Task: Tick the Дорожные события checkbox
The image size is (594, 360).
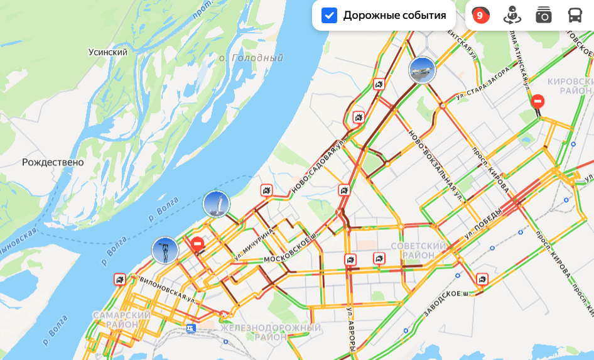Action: tap(330, 16)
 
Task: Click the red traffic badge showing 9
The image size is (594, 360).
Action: tap(480, 16)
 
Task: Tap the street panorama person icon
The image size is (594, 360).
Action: tap(512, 16)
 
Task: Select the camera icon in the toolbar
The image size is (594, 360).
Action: tap(543, 16)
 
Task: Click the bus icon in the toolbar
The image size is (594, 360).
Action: tap(575, 16)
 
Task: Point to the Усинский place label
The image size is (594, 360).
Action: tap(107, 52)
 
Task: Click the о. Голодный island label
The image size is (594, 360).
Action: tap(251, 58)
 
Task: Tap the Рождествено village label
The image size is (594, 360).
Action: tap(53, 162)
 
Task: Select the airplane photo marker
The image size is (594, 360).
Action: tap(421, 70)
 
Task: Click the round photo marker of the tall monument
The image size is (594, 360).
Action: tap(216, 204)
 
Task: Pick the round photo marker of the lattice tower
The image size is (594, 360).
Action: tap(165, 250)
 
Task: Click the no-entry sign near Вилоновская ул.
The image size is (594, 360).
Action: tap(198, 243)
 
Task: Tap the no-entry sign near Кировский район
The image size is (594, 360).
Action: tap(537, 101)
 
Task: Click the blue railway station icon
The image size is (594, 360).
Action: tap(190, 328)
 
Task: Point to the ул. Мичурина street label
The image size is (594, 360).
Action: tap(254, 244)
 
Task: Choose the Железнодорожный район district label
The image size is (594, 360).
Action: tap(270, 332)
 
